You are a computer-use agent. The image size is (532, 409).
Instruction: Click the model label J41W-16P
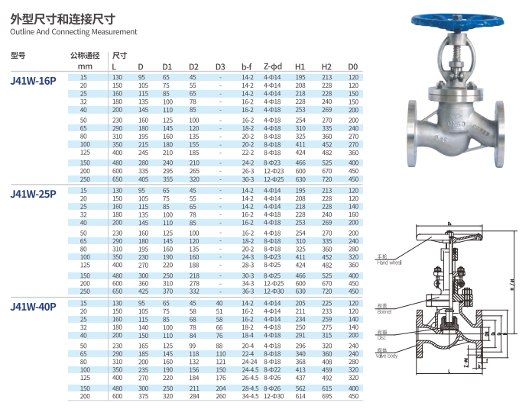(34, 81)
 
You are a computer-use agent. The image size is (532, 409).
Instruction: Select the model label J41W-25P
(34, 194)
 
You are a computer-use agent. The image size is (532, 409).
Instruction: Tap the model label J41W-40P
(34, 307)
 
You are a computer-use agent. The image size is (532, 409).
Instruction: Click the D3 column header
(220, 66)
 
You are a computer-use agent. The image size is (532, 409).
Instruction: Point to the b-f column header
(247, 66)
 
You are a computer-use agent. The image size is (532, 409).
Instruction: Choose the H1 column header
(300, 66)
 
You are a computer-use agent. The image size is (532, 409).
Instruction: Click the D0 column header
(353, 66)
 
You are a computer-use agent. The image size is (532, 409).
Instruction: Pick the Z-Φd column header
(273, 66)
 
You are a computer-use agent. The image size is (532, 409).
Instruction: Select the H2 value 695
(326, 396)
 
